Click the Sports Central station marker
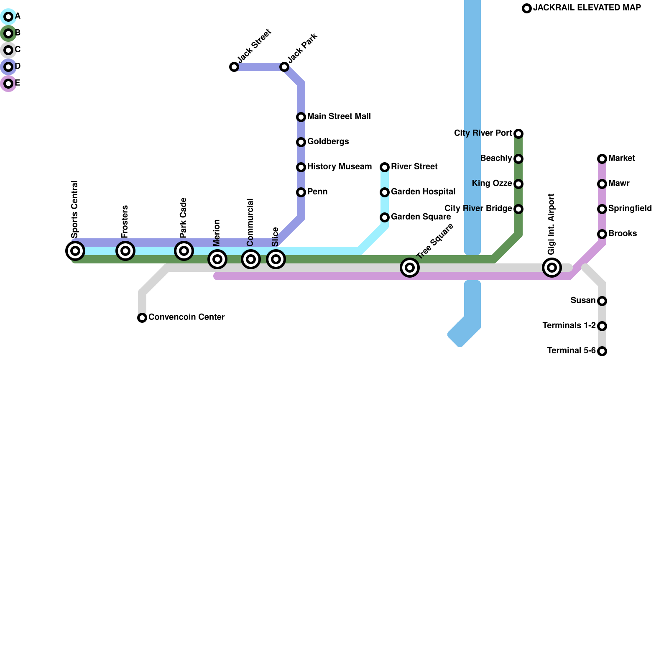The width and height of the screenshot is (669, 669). (x=75, y=251)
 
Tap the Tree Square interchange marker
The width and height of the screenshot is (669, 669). (x=410, y=268)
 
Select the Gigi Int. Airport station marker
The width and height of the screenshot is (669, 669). (x=552, y=268)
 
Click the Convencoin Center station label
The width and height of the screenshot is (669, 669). (x=186, y=317)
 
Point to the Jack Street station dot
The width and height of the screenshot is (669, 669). (x=234, y=67)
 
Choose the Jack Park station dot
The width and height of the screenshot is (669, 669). (x=284, y=67)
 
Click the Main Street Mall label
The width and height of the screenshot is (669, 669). (x=339, y=117)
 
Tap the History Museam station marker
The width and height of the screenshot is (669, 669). (x=301, y=167)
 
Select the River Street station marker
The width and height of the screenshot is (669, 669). (x=385, y=167)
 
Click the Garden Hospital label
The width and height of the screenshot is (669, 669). (x=423, y=192)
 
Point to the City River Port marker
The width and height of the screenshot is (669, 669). (x=518, y=134)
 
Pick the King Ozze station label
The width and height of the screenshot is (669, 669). (x=492, y=184)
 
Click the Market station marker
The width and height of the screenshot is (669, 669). (x=602, y=159)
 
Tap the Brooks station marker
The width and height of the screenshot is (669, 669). (x=602, y=234)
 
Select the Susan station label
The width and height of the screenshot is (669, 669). (x=583, y=301)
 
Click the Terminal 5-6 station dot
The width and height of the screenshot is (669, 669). (x=602, y=351)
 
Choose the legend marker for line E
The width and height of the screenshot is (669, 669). (x=8, y=84)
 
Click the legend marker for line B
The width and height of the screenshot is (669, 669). (x=8, y=33)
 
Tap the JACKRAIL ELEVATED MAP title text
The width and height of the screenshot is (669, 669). (x=587, y=8)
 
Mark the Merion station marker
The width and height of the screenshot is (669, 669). (x=217, y=259)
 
